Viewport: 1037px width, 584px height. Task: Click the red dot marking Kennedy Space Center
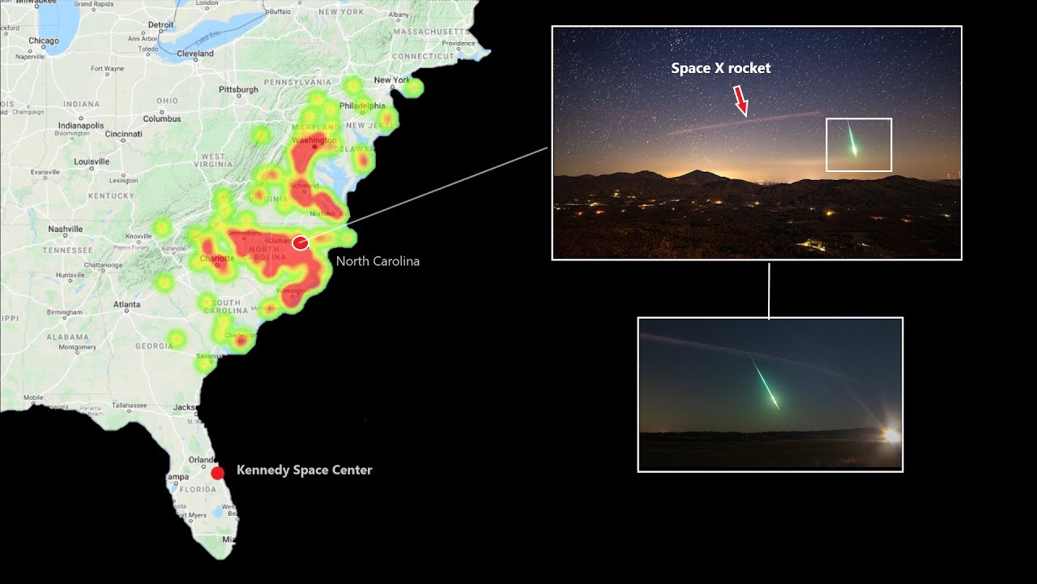tap(217, 473)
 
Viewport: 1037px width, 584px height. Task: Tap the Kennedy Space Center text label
tap(304, 470)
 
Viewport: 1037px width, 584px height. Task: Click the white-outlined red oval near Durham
tap(301, 243)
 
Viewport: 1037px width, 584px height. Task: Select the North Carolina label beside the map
tap(378, 261)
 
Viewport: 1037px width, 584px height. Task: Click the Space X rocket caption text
tap(720, 69)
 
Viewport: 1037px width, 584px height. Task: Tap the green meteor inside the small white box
tap(852, 140)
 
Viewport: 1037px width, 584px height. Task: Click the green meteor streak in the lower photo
tap(766, 384)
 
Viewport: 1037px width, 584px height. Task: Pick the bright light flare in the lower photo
tap(891, 436)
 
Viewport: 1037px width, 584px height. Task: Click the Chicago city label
tap(44, 41)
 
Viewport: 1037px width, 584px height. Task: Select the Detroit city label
tap(161, 25)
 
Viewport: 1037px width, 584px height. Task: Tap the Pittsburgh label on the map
tap(238, 89)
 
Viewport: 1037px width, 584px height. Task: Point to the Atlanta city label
tap(126, 305)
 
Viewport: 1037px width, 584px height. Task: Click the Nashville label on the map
tap(66, 230)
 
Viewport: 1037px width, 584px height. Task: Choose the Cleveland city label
tap(195, 54)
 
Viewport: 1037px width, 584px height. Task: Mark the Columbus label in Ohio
tap(162, 118)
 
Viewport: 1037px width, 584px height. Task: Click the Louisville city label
tap(92, 161)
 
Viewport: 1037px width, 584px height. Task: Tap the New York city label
tap(392, 80)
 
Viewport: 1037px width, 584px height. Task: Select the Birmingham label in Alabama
tap(64, 312)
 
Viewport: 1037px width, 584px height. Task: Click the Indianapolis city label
tap(79, 126)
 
